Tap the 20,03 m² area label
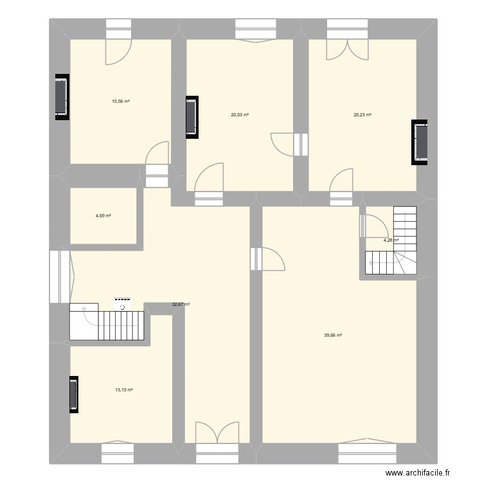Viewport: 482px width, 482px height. [240, 115]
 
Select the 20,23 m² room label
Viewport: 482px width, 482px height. [362, 115]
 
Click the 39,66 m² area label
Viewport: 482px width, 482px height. [333, 335]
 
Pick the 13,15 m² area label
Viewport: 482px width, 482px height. [124, 389]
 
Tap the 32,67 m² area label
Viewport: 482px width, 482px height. [181, 305]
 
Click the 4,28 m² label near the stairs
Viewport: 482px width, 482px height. [391, 240]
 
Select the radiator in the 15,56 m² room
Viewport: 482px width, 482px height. [61, 96]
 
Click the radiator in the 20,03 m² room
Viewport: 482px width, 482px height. [192, 118]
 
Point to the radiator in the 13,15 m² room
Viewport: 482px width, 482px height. [73, 394]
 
